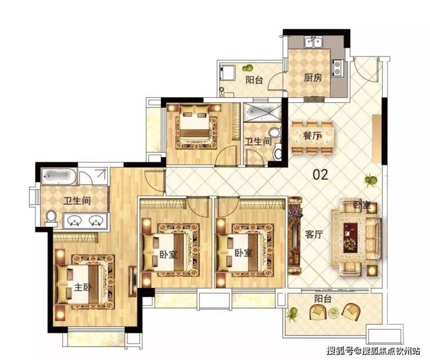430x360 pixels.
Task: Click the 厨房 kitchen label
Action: pyautogui.click(x=313, y=78)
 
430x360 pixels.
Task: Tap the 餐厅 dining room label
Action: pyautogui.click(x=313, y=136)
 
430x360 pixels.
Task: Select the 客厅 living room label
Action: pyautogui.click(x=314, y=234)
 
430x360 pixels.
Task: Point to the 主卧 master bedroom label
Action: pyautogui.click(x=83, y=287)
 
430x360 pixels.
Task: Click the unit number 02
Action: pyautogui.click(x=320, y=174)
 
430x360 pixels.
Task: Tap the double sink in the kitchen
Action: pyautogui.click(x=313, y=43)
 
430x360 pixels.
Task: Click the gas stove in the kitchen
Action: pyautogui.click(x=337, y=68)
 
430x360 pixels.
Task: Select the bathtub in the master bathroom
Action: pyautogui.click(x=59, y=176)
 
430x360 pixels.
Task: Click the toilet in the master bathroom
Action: pyautogui.click(x=51, y=219)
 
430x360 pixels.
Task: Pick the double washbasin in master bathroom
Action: pyautogui.click(x=85, y=221)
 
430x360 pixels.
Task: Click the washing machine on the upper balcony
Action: pyautogui.click(x=227, y=73)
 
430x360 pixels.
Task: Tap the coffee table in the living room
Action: pyautogui.click(x=350, y=238)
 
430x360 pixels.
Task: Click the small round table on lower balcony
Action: pyautogui.click(x=334, y=312)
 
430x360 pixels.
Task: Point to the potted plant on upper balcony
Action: pyautogui.click(x=249, y=67)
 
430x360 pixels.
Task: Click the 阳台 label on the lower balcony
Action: pyautogui.click(x=323, y=298)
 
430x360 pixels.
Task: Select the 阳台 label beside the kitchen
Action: pyautogui.click(x=254, y=80)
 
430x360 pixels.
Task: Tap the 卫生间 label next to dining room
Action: pyautogui.click(x=258, y=141)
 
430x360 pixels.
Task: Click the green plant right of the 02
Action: pyautogui.click(x=371, y=180)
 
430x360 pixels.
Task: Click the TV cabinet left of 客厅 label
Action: pyautogui.click(x=295, y=235)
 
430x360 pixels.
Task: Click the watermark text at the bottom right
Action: pyautogui.click(x=373, y=350)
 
